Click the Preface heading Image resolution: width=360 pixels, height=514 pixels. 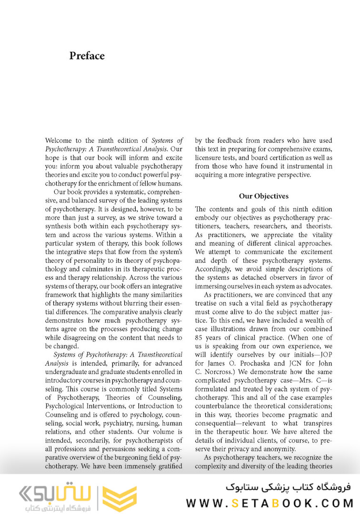pos(87,56)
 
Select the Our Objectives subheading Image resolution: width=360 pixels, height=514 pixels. pos(263,196)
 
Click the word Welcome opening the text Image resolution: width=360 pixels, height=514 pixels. pos(60,140)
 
